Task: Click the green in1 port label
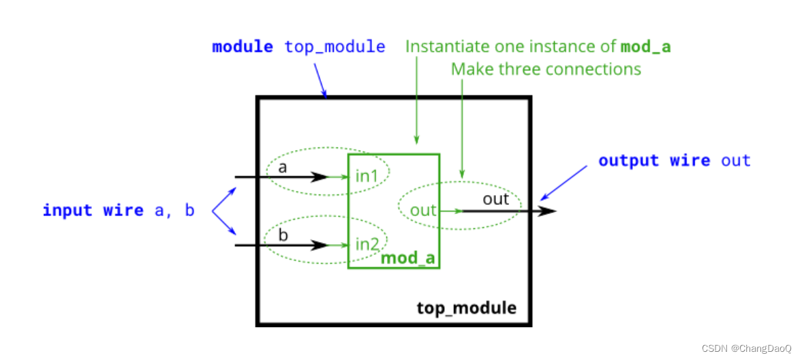(367, 177)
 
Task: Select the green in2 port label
(368, 243)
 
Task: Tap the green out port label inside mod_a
(423, 210)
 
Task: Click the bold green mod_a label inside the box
(408, 258)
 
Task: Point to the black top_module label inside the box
(467, 308)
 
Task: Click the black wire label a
(281, 166)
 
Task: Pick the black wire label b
(283, 234)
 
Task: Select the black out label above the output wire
(495, 199)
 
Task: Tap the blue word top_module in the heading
(335, 47)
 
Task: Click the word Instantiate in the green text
(446, 47)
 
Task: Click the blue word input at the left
(67, 210)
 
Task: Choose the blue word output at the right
(628, 161)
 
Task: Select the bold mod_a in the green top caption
(646, 47)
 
